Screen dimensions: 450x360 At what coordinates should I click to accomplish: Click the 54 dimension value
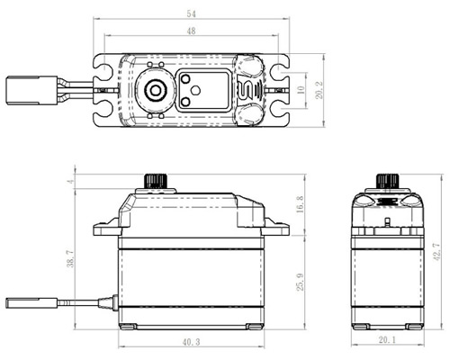pos(191,13)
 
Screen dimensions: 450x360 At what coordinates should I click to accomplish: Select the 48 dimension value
pos(191,31)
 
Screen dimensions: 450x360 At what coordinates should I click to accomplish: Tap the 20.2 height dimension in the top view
pos(319,90)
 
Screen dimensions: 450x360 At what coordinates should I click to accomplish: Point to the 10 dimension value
pos(301,90)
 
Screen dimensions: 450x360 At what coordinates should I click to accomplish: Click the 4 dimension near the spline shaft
pos(71,182)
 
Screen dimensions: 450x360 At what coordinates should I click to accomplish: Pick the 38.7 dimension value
pos(70,258)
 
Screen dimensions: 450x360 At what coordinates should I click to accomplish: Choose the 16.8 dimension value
pos(300,204)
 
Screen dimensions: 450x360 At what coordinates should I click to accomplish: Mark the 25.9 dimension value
pos(300,282)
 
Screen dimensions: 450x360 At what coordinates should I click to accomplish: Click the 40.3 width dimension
pos(191,342)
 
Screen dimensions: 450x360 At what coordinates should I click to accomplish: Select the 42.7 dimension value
pos(436,251)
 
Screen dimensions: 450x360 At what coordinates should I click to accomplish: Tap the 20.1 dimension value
pos(387,340)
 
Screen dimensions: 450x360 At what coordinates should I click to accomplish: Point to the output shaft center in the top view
pos(155,90)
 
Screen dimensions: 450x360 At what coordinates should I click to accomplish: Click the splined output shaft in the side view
pos(156,181)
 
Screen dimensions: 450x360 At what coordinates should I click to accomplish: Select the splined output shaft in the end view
pos(388,181)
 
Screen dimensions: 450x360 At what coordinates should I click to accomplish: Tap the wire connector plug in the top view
pos(31,90)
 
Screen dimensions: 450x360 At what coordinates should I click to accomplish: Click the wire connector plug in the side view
pos(31,302)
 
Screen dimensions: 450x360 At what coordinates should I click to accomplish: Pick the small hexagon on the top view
pos(195,90)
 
